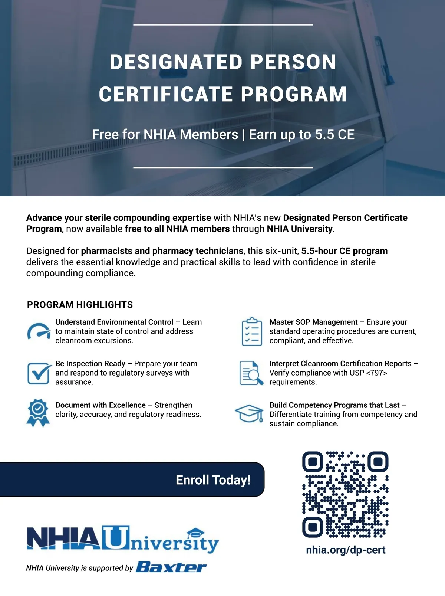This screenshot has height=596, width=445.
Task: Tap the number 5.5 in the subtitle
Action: [x=324, y=135]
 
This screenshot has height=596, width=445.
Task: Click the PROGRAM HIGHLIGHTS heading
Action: [x=80, y=305]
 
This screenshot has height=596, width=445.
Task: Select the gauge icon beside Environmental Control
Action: [x=39, y=331]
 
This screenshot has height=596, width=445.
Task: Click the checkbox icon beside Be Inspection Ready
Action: [x=39, y=373]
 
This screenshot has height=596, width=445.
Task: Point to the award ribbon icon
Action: [x=38, y=413]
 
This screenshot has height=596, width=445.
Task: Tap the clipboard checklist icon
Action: [x=252, y=332]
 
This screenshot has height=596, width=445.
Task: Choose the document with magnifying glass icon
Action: [x=251, y=373]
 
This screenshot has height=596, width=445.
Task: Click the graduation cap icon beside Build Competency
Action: [x=249, y=413]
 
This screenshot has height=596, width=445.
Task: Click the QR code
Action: [x=345, y=494]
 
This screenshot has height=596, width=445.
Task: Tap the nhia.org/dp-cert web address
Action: [x=346, y=550]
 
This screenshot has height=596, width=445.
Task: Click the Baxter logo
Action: [x=171, y=567]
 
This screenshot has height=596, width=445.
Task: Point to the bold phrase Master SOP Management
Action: [x=313, y=322]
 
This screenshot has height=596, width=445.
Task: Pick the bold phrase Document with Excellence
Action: [x=100, y=405]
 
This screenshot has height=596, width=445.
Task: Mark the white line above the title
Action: [x=223, y=25]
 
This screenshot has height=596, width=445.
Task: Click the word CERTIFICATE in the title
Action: [x=166, y=94]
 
